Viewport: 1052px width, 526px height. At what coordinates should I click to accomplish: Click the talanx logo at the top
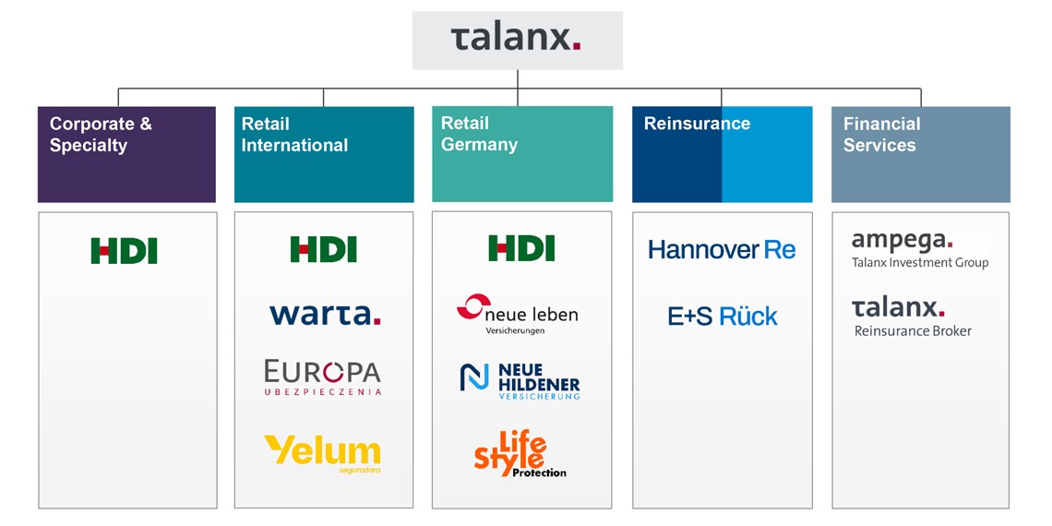[x=517, y=39]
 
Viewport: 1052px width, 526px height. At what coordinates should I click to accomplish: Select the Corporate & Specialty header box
[x=126, y=154]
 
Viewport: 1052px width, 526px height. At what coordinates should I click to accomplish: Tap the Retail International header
[x=323, y=154]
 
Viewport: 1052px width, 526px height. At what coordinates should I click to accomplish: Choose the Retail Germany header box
[x=521, y=153]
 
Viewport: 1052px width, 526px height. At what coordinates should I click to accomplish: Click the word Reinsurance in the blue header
[x=697, y=124]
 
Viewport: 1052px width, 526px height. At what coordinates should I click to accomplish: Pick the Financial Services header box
[x=920, y=154]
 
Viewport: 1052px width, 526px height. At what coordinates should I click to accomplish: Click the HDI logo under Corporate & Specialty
[x=124, y=251]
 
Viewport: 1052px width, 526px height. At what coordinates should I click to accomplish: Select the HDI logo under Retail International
[x=323, y=249]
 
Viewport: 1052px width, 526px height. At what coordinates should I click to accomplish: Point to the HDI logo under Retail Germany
[x=521, y=248]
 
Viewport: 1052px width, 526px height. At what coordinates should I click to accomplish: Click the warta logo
[x=325, y=314]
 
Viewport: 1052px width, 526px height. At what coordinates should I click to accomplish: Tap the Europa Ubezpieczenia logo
[x=322, y=377]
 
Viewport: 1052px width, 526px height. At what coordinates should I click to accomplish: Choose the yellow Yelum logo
[x=322, y=452]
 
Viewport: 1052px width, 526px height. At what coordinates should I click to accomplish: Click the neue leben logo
[x=517, y=314]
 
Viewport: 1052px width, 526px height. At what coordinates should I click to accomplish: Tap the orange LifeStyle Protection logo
[x=520, y=454]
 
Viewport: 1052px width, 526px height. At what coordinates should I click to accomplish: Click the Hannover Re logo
[x=722, y=249]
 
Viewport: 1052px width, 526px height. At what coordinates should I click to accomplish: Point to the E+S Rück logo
[x=723, y=317]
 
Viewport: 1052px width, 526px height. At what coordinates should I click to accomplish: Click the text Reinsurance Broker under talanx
[x=913, y=331]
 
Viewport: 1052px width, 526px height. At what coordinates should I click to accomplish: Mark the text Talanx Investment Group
[x=919, y=263]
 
